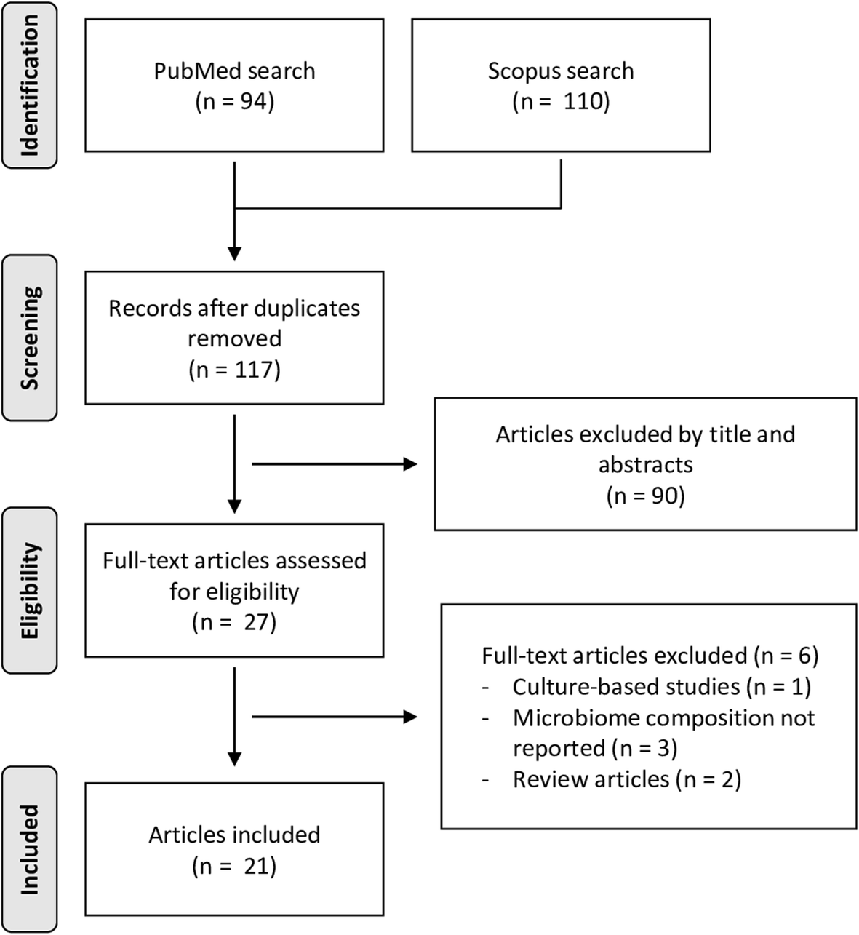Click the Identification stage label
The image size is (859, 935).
click(29, 85)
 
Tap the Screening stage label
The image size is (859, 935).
click(29, 338)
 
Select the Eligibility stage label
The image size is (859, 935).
click(29, 590)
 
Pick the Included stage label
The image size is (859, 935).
click(29, 849)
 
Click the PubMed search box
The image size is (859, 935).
click(234, 85)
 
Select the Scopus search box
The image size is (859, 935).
click(561, 85)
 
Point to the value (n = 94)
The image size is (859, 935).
click(234, 101)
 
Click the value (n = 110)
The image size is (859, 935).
click(561, 101)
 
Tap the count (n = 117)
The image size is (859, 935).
click(234, 370)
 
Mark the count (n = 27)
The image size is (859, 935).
click(234, 623)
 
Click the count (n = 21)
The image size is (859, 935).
click(234, 866)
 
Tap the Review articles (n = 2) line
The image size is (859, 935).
click(626, 779)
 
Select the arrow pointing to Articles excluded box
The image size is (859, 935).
click(335, 464)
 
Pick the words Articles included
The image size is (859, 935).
click(234, 834)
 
